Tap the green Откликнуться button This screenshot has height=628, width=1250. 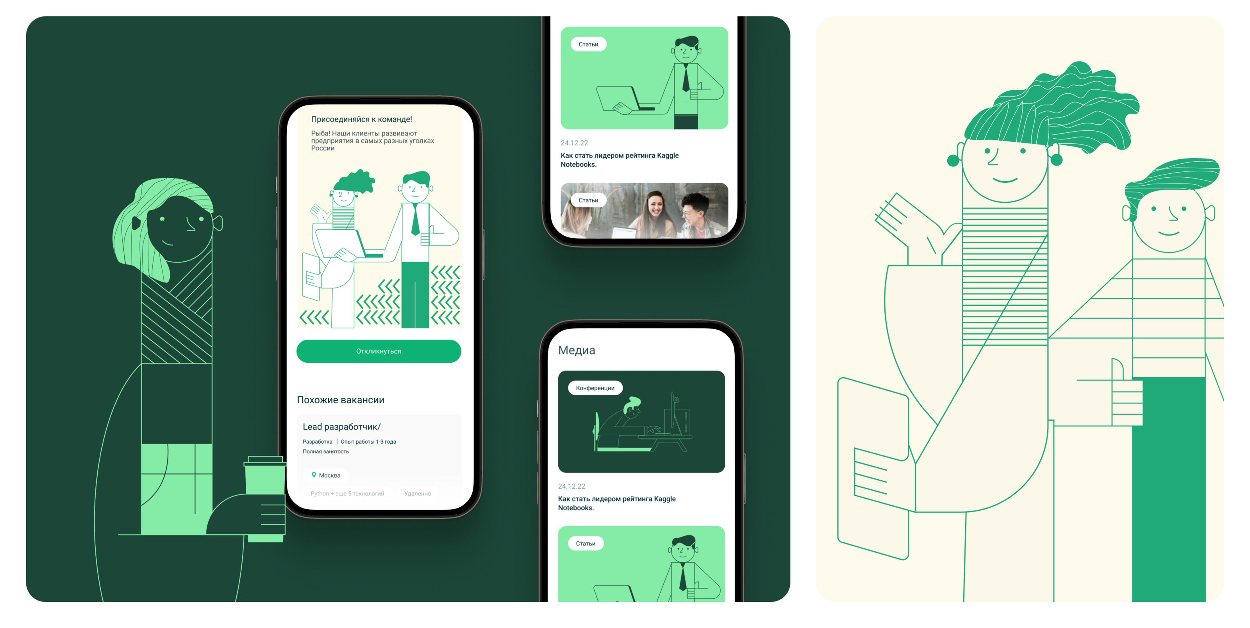pos(379,351)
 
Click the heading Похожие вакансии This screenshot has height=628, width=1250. pos(341,400)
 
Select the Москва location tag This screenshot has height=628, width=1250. pos(326,475)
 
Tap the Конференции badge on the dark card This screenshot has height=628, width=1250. pos(595,388)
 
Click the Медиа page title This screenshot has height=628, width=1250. pos(577,350)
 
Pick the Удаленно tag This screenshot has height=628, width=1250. pos(417,494)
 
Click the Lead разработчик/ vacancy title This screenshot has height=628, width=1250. pos(342,426)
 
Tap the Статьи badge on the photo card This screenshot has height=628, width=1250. pos(588,200)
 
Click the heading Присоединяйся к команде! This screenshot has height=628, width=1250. pos(361,119)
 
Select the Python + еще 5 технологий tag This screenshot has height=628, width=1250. pos(347,494)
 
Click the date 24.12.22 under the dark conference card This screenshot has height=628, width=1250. pos(571,486)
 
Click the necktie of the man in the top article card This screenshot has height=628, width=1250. pos(685,78)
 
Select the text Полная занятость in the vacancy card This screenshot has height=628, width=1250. pos(326,451)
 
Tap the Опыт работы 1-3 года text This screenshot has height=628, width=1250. pos(368,442)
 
